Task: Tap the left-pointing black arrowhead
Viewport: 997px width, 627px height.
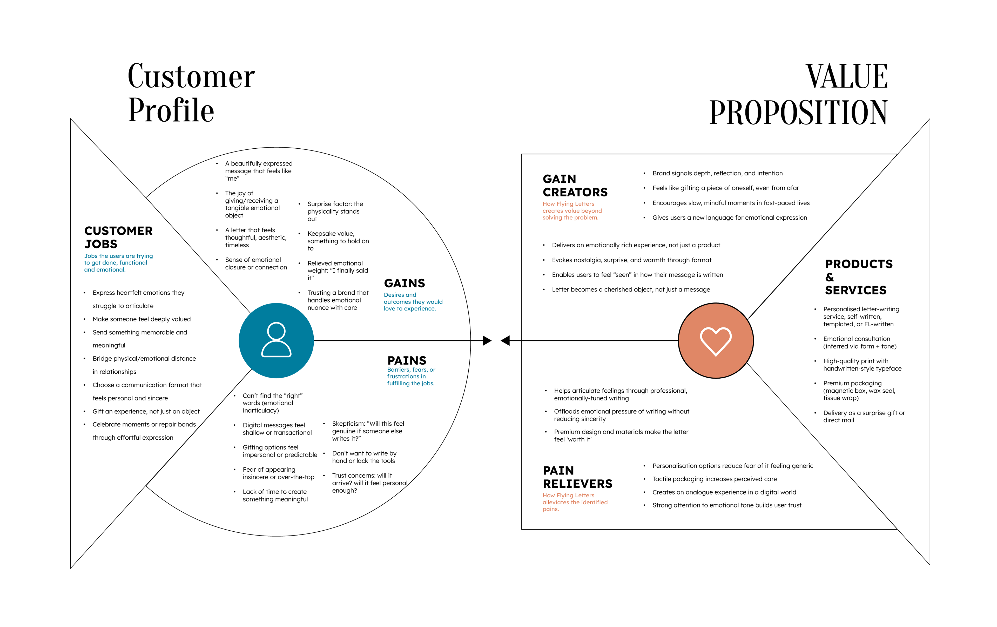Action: [505, 341]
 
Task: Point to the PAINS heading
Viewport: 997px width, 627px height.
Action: [407, 360]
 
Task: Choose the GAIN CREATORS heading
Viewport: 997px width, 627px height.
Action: [575, 185]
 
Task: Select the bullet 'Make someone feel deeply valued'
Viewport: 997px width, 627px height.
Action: [142, 319]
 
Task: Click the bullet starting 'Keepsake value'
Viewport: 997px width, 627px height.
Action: [338, 241]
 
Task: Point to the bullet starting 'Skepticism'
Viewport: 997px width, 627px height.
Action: [368, 431]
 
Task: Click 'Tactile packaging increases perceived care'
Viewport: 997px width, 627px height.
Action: [714, 479]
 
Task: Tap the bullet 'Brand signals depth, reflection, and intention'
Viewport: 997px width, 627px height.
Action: [717, 173]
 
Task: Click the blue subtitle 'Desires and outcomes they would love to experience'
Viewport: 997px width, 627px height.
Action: [413, 302]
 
